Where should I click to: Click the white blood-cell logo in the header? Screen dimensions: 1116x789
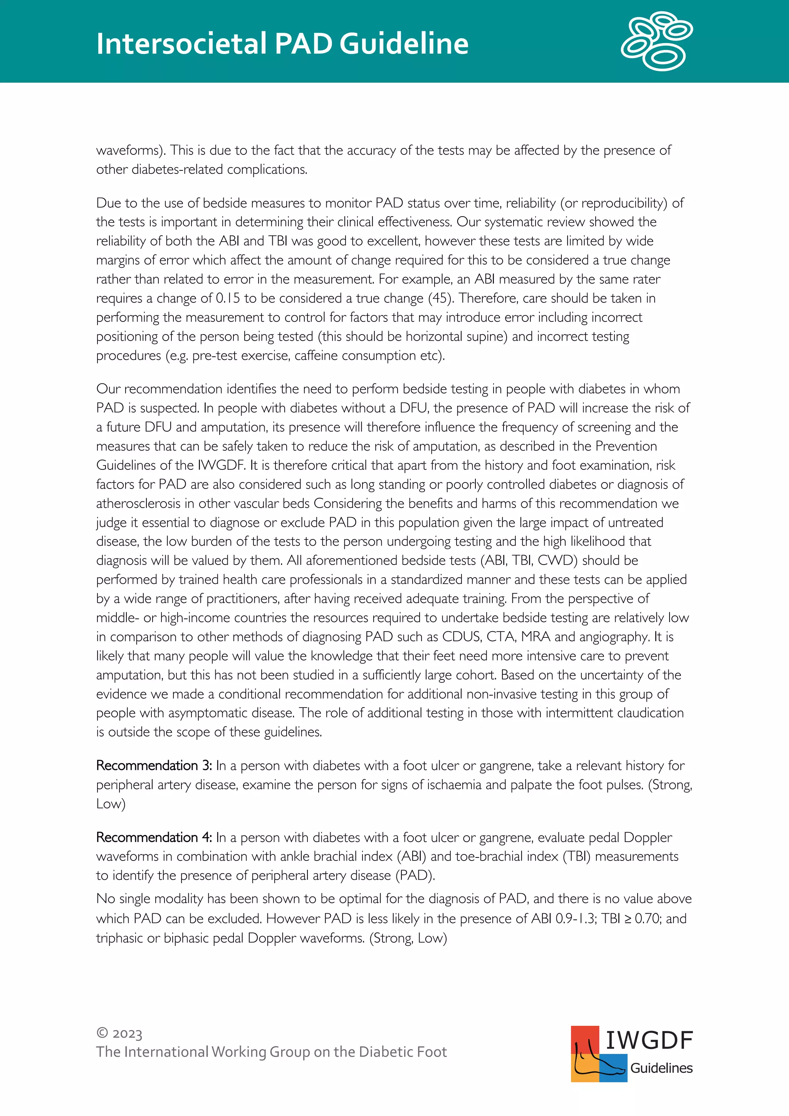[x=656, y=41]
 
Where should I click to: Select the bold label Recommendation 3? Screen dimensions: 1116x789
[x=154, y=766]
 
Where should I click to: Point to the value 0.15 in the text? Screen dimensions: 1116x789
[x=228, y=298]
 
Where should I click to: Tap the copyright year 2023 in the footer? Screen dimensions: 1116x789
[x=127, y=1034]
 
